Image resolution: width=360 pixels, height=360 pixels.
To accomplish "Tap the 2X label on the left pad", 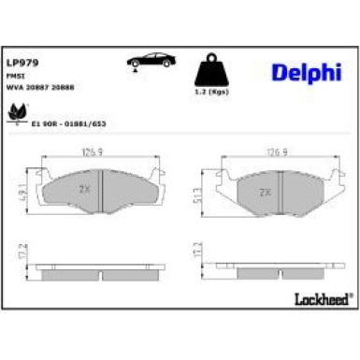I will click(x=85, y=187).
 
